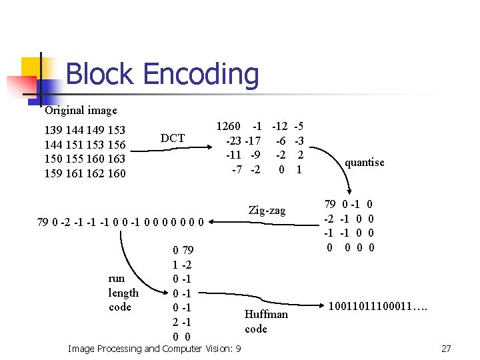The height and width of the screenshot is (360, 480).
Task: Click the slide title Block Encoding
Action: pos(162,74)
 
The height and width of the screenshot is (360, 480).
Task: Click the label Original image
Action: pos(81,111)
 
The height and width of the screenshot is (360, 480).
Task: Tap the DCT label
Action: pos(173,138)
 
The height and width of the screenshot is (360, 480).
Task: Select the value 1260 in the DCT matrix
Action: pos(229,126)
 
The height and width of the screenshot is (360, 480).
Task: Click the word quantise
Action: pos(364,162)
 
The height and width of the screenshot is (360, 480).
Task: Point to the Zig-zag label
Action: pos(267,211)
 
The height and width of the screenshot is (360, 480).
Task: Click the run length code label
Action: pos(123,293)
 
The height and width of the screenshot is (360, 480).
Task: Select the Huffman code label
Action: pos(266,321)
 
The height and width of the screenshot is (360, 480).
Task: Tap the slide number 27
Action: pos(446,349)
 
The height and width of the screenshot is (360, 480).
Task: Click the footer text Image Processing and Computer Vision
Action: pos(155,349)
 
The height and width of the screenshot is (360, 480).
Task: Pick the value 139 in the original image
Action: pos(53,130)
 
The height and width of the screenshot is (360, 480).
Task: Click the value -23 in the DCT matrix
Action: pos(233,141)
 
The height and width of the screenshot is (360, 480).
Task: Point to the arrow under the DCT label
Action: pos(173,150)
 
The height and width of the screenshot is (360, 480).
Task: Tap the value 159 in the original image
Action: pos(53,174)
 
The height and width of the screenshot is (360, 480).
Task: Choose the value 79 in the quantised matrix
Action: pos(330,204)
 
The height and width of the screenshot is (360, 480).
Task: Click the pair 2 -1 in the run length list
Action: pos(183,322)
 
